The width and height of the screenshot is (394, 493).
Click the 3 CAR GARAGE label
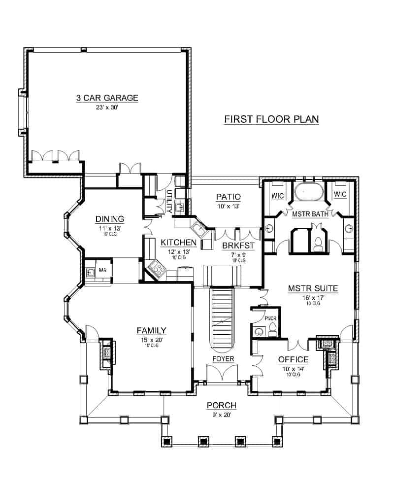pos(107,98)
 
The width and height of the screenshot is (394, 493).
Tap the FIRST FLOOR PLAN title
pos(271,119)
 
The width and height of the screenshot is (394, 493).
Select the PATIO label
pos(229,197)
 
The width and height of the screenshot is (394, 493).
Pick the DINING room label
pos(110,219)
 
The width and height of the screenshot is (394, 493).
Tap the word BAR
pos(102,270)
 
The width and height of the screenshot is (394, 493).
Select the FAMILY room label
pos(151,330)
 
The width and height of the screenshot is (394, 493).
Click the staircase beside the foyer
pos(223,317)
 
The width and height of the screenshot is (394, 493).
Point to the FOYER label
pos(223,359)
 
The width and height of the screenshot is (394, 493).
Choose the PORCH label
pos(222,406)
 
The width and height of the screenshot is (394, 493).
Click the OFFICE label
pos(293,359)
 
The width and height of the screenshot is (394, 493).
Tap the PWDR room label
pos(270,318)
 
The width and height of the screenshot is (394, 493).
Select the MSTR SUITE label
pos(313,288)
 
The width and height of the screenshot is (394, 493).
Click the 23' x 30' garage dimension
pos(107,107)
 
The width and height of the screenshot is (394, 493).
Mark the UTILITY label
pos(169,202)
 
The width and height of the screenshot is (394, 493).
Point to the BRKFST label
pos(238,246)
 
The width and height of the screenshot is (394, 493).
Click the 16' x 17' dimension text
pos(313,297)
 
